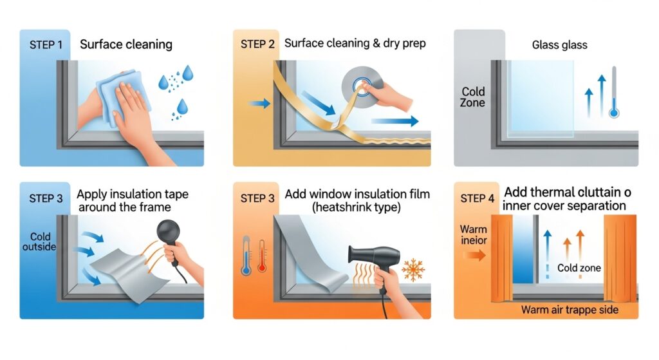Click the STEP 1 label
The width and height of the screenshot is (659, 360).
click(46, 44)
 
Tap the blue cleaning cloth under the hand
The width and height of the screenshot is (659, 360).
click(122, 98)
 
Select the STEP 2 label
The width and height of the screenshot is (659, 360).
click(257, 44)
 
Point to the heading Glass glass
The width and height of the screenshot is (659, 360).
click(559, 44)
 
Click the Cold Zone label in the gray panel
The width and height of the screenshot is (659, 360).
click(473, 97)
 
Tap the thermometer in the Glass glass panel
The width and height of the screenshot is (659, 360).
click(614, 91)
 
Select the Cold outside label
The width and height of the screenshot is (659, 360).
click(39, 242)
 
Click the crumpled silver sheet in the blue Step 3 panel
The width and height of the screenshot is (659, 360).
click(125, 273)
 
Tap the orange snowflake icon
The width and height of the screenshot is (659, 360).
click(413, 270)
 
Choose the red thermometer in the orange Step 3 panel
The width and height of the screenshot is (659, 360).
click(263, 256)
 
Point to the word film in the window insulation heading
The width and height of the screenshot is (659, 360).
click(419, 194)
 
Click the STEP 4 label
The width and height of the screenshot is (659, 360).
click(477, 198)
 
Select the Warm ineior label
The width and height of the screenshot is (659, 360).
click(473, 234)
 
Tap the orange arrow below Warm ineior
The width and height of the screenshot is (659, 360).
click(474, 255)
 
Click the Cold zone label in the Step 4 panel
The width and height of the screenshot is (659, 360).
click(579, 268)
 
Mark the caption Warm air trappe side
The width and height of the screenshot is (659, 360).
click(570, 310)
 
